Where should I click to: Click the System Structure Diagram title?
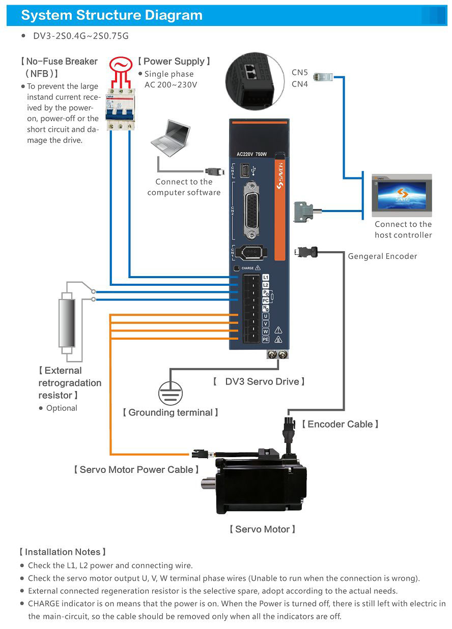tap(111, 15)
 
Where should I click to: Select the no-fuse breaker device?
tap(120, 107)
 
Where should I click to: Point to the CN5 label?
tap(300, 73)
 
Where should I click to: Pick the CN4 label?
tap(300, 84)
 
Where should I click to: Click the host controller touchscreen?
tap(402, 195)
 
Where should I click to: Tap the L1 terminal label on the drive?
tap(265, 278)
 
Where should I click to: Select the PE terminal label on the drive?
tap(265, 339)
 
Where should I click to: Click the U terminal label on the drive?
tap(265, 316)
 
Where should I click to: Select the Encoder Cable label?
tap(340, 424)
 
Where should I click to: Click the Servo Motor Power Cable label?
tap(136, 470)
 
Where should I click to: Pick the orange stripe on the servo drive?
tap(279, 208)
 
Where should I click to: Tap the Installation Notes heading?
tap(63, 552)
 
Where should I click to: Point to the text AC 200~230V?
tap(171, 85)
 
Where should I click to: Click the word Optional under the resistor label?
tap(62, 408)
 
